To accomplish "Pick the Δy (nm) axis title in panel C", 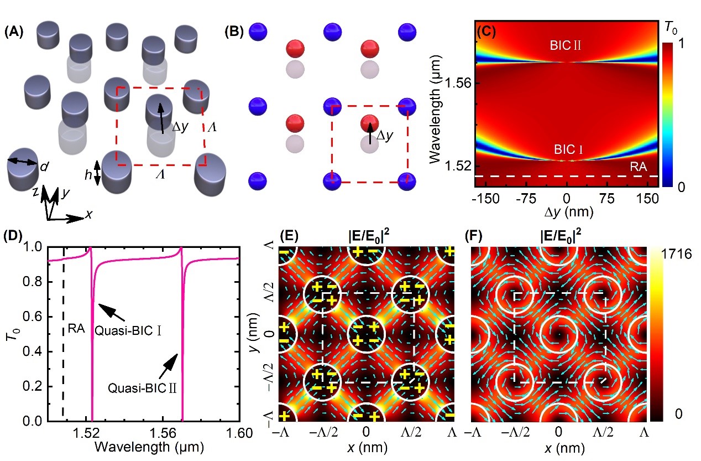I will (566, 211).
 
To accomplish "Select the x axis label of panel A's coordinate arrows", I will (88, 215).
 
